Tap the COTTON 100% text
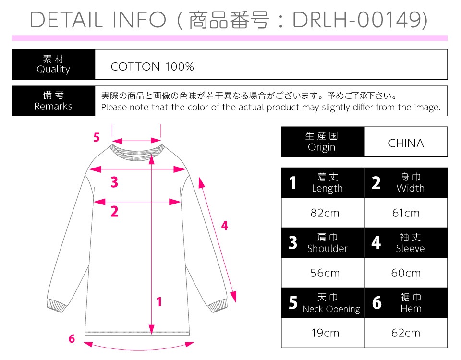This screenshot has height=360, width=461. point(152,67)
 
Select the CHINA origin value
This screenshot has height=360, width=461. point(406,143)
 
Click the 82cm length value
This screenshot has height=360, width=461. point(325,213)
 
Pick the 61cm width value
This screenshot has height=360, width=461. point(406,213)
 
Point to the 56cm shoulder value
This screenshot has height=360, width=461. point(325,273)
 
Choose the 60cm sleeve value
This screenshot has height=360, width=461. point(406,273)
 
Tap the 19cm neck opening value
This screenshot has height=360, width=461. point(325,333)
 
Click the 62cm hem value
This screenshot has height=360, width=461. point(406,333)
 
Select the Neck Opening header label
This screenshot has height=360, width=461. point(331,309)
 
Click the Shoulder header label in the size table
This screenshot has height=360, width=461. point(327,249)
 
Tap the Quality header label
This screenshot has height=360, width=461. point(53,69)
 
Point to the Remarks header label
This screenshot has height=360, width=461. point(53,106)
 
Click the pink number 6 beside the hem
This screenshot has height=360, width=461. point(72,338)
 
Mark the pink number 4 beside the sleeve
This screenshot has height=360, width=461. point(225,226)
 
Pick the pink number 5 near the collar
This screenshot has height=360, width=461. point(97,137)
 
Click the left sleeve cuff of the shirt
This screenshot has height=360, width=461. point(57,305)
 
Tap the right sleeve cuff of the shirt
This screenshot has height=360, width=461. point(218,305)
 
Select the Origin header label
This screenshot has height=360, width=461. point(321,147)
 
